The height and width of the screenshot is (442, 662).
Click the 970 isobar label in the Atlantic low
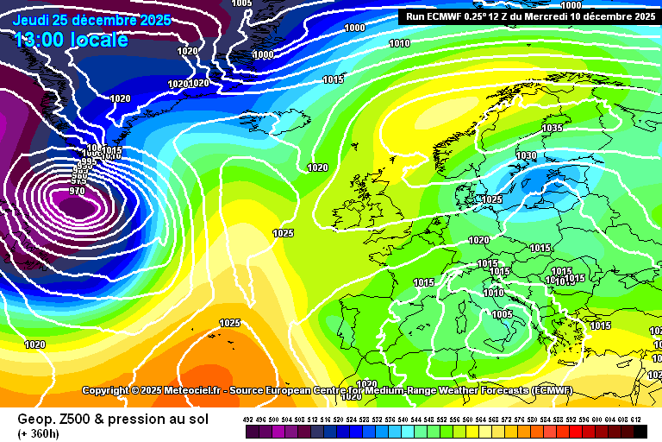coord(78,191)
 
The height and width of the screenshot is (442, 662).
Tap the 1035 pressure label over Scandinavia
coord(552,129)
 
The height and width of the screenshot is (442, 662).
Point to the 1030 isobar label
coord(526,156)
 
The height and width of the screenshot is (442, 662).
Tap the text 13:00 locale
coord(71,40)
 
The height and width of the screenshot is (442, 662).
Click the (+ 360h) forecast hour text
coord(39,433)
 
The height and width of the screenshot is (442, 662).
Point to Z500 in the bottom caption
coord(78,419)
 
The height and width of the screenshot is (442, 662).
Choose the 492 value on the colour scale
coord(248,418)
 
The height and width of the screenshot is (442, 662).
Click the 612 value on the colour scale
coord(636,418)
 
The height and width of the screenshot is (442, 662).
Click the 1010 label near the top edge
coord(399,43)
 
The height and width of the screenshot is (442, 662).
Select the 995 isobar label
coord(86,161)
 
